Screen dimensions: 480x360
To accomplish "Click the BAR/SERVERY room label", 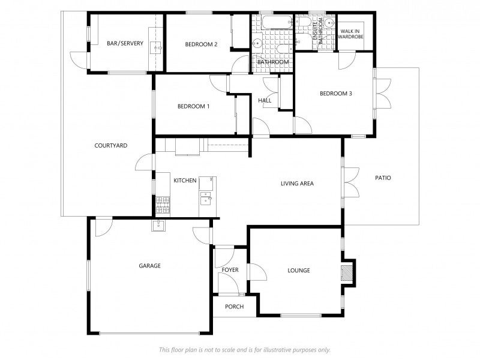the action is tap(125, 43).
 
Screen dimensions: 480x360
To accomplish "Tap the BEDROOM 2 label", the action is tap(201, 44).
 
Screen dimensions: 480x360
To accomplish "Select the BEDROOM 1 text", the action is tap(193, 107).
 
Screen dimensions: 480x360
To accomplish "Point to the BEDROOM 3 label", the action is tap(335, 94).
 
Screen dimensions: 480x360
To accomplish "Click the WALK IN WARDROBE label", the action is tap(350, 34).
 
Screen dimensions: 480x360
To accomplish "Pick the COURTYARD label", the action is tap(111, 146).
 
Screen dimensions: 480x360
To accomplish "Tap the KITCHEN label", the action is tap(185, 181).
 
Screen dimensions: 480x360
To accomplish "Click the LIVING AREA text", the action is tap(297, 184).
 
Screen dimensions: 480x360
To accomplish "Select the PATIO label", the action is tap(383, 178).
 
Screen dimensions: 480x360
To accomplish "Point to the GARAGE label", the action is tap(149, 266).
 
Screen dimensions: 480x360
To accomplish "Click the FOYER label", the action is tap(230, 270).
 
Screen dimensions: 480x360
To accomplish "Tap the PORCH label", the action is tap(234, 307).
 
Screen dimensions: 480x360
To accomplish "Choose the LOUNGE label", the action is tap(299, 271).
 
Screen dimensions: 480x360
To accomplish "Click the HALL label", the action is tap(265, 100).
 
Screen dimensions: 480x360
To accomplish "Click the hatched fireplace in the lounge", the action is tap(347, 273).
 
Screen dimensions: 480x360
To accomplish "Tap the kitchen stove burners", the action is tap(163, 205).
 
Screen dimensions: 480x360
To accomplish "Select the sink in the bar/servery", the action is tap(158, 48).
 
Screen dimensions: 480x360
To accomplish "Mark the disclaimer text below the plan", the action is tap(245, 350).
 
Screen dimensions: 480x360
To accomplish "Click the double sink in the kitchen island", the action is tap(206, 198).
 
